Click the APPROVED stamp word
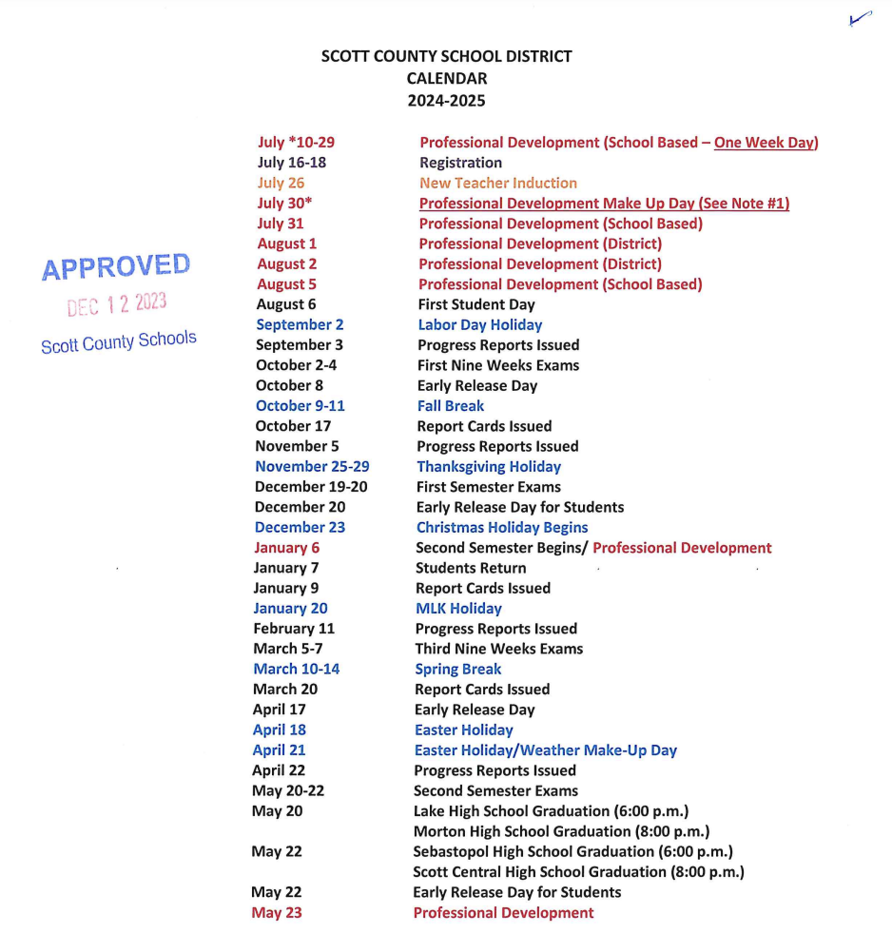tap(116, 267)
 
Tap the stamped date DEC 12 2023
tap(117, 304)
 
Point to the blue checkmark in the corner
tap(860, 20)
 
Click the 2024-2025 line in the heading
tap(446, 100)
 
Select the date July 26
tap(281, 183)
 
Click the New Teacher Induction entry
tap(497, 183)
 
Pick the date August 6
tap(285, 304)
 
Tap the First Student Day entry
tap(475, 304)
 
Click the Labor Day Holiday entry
tap(479, 324)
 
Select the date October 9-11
tap(300, 405)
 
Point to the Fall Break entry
tap(450, 405)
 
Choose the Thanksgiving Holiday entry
tap(488, 466)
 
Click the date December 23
tap(300, 527)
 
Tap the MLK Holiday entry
tap(457, 608)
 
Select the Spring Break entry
tap(457, 669)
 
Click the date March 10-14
tap(296, 669)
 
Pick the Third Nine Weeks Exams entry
tap(498, 649)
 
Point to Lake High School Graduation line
tap(550, 811)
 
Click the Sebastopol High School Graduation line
tap(572, 851)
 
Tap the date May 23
tap(276, 912)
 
